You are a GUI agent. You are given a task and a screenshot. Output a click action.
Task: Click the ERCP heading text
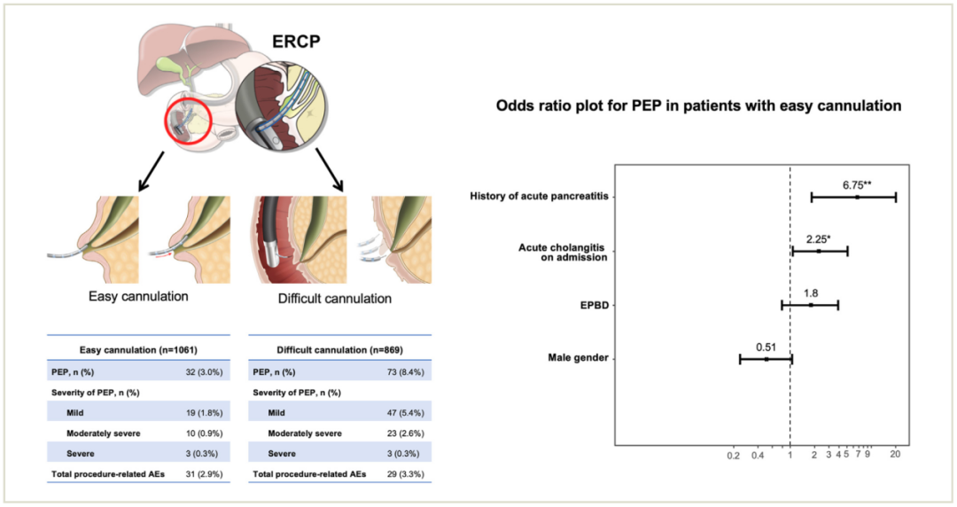[x=296, y=42]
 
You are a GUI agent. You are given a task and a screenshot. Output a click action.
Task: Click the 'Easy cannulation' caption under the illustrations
[x=138, y=297]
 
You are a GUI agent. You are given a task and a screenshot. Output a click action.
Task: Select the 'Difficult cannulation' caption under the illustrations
[x=334, y=299]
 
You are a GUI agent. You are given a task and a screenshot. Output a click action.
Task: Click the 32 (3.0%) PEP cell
[x=205, y=372]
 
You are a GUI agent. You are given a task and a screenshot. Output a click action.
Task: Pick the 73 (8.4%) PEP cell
[x=405, y=372]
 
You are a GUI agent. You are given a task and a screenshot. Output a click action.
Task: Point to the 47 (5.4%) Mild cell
[x=405, y=413]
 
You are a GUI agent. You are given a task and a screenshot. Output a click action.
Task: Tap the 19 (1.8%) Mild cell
[x=205, y=413]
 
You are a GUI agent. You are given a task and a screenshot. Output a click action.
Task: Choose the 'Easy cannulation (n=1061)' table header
[x=138, y=350]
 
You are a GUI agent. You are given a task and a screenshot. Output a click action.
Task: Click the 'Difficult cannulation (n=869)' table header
[x=340, y=350]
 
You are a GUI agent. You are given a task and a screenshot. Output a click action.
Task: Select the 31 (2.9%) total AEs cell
[x=205, y=474]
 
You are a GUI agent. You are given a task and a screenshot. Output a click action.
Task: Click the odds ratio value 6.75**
[x=857, y=185]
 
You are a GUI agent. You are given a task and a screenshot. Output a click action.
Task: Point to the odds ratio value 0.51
[x=766, y=347]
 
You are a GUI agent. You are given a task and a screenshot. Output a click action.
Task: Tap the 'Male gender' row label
[x=578, y=358]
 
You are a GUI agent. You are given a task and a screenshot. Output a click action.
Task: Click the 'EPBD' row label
[x=595, y=306]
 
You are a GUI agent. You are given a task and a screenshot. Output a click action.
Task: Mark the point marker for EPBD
[x=811, y=305]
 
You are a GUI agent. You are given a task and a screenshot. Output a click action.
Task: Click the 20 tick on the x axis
[x=895, y=455]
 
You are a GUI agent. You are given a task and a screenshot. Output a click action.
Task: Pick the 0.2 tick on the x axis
[x=734, y=455]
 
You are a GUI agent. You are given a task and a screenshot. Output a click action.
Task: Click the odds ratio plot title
[x=698, y=105]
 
